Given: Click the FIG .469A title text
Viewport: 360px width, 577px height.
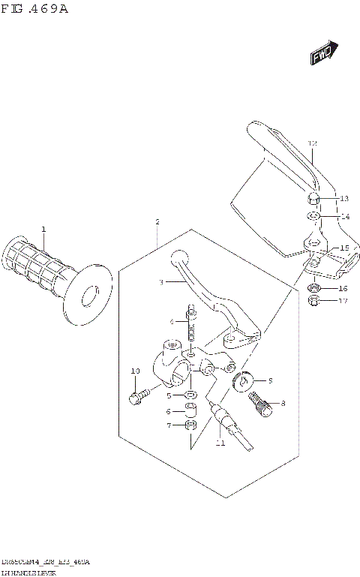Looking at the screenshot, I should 37,10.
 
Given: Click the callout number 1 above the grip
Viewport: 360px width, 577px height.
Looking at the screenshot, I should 43,229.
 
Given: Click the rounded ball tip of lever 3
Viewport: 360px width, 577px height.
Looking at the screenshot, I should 178,257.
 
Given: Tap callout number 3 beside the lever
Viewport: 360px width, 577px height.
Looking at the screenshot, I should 160,282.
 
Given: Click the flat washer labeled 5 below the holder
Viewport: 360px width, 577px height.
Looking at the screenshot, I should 190,395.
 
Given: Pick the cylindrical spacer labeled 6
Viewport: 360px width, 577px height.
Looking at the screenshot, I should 190,410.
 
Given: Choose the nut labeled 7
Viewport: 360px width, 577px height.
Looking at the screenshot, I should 190,425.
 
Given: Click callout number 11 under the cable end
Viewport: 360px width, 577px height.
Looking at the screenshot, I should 220,443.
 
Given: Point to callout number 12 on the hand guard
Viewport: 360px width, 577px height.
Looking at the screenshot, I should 313,143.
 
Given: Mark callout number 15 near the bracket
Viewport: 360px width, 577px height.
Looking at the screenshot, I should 344,248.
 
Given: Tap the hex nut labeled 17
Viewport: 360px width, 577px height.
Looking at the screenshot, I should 316,302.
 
